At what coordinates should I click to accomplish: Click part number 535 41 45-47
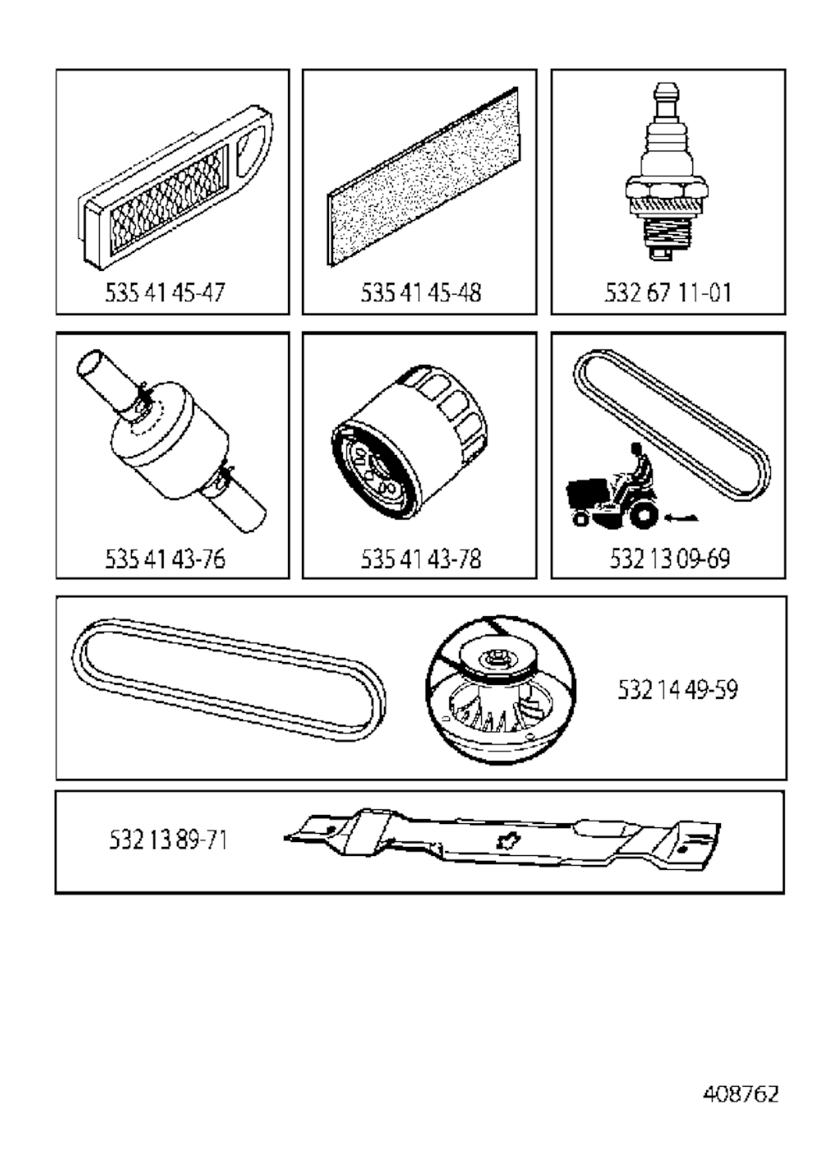click(x=165, y=293)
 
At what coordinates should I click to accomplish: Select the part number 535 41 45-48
click(x=421, y=293)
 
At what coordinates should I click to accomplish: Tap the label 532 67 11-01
click(x=669, y=293)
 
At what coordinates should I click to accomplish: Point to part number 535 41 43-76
click(x=165, y=559)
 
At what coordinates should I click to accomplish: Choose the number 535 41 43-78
click(x=421, y=559)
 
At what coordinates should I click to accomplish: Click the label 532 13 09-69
click(x=669, y=559)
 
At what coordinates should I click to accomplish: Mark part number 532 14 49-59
click(x=677, y=690)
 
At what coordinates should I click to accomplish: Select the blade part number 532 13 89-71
click(x=168, y=840)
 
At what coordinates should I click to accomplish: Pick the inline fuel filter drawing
click(x=171, y=441)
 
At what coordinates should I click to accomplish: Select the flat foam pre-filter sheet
click(x=423, y=177)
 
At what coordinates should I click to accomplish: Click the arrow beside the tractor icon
click(x=681, y=517)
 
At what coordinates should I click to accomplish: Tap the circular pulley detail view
click(x=501, y=689)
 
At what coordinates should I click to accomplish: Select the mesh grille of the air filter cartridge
click(x=169, y=199)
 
